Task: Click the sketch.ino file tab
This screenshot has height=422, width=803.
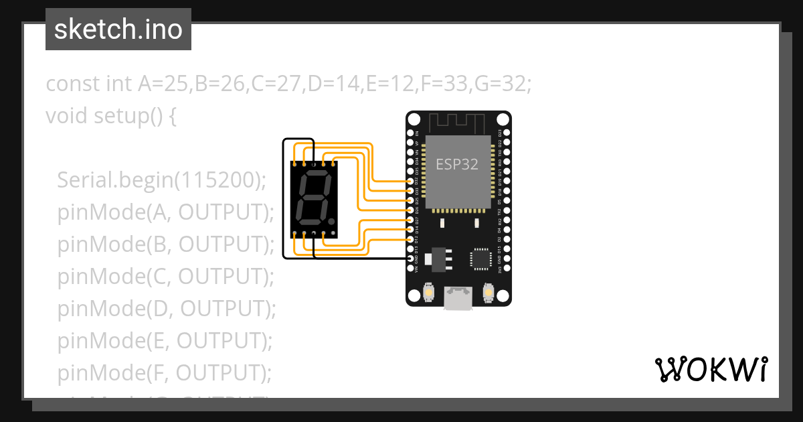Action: tap(118, 29)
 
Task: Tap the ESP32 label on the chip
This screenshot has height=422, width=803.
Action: tap(457, 164)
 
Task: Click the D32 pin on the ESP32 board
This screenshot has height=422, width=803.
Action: tap(412, 181)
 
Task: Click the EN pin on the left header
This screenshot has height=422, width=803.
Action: tap(412, 133)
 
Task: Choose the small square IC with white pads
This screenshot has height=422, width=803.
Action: tap(480, 259)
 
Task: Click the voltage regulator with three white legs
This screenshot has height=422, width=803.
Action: tap(438, 259)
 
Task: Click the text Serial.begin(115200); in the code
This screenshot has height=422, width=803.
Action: tap(161, 180)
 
